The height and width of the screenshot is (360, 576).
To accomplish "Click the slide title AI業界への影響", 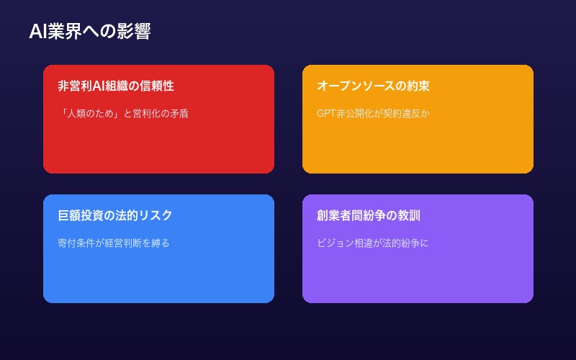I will point(89,32).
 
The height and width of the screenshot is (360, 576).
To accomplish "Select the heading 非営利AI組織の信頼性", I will point(116,86).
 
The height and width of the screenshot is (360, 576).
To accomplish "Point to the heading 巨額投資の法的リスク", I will point(115,215).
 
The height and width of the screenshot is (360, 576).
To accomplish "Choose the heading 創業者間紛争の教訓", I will point(369,215).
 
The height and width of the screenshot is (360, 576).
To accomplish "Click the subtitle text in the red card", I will point(123,113).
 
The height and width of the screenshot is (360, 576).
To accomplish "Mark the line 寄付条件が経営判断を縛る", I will point(114,243).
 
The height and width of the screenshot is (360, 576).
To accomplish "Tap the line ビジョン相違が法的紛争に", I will point(373,243).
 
